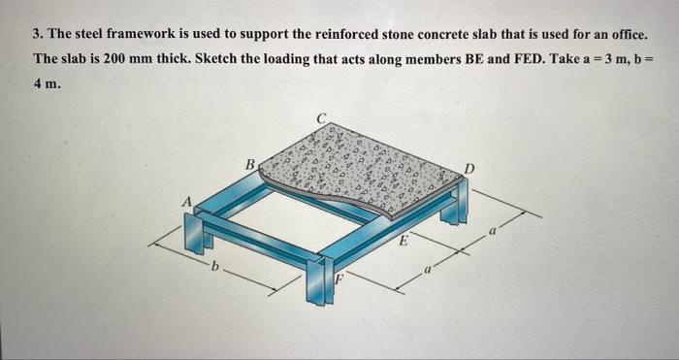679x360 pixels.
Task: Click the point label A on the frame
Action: coord(187,202)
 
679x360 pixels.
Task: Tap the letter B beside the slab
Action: coord(250,165)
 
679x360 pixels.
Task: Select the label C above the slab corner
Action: coord(321,117)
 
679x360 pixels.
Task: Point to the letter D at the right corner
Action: coord(469,168)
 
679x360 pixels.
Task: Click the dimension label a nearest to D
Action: coord(492,233)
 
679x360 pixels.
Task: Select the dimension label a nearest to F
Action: coord(427,271)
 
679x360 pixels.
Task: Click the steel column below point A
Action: coord(193,233)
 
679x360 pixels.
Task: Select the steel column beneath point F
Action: coord(319,280)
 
